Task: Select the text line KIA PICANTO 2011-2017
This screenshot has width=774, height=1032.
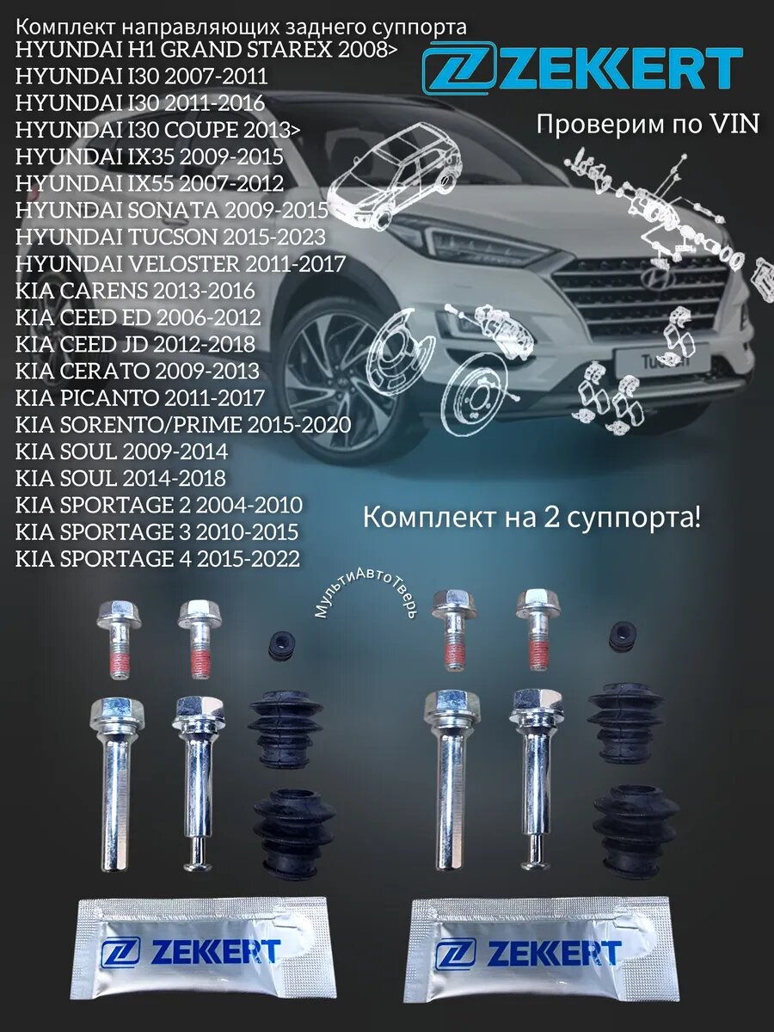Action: [140, 398]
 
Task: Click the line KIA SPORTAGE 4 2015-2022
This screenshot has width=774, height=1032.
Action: [157, 559]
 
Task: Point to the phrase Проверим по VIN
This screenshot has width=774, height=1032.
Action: [647, 124]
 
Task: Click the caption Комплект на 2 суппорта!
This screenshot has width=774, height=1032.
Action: [531, 518]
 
